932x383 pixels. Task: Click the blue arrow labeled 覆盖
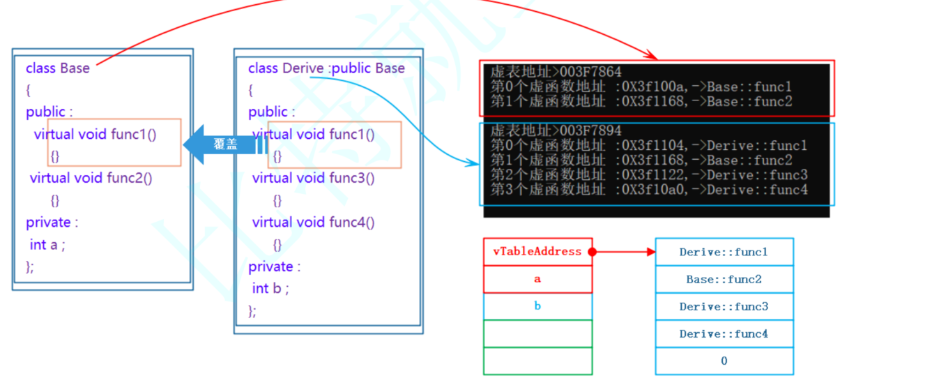pos(223,145)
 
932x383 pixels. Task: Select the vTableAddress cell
pos(537,252)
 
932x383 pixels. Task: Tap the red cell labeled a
pos(537,279)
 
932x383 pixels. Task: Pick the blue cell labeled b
pos(537,306)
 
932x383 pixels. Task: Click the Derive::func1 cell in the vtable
pos(724,252)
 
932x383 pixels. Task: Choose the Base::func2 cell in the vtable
pos(724,279)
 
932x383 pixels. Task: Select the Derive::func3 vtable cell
pos(724,306)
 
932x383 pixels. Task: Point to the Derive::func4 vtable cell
pos(724,333)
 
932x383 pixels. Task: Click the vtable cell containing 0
pos(724,361)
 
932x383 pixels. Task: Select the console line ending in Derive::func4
pos(648,190)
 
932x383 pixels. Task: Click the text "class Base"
pos(58,68)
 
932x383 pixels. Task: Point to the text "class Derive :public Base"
pos(326,68)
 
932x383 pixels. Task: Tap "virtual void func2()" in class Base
pos(91,178)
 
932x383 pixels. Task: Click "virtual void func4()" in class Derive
pos(314,223)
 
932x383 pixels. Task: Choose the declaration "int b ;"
pos(270,289)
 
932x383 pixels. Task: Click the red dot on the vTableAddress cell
pos(592,252)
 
